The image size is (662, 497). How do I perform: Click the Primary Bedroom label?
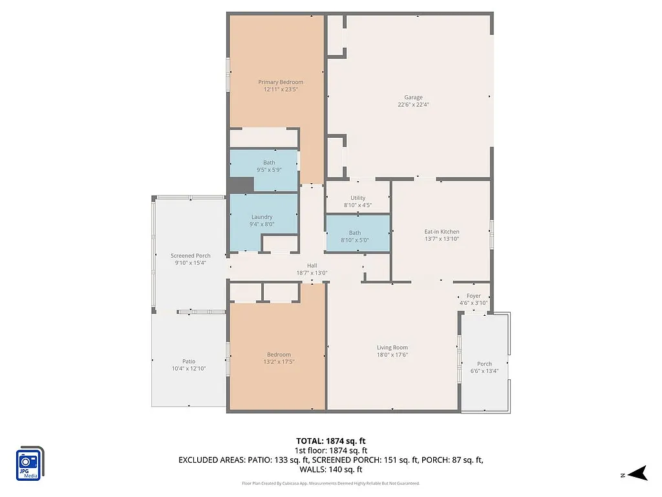point(281,82)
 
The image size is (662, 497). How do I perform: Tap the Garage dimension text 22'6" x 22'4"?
point(413,104)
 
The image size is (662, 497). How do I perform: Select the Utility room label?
point(358,198)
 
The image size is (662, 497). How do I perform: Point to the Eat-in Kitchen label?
point(442,232)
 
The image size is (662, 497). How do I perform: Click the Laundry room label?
point(262,217)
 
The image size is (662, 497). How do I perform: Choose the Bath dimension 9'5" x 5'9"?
point(269,170)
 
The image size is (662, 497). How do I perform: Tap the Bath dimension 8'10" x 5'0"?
point(355,240)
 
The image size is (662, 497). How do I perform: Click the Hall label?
point(312,265)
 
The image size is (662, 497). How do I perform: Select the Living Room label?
point(392,348)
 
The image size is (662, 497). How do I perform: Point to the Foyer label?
point(473,296)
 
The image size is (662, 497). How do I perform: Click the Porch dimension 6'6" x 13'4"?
point(484,371)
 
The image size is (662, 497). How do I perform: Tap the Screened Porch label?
point(191,256)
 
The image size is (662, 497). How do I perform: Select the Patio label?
point(188,361)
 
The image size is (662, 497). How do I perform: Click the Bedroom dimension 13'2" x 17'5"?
point(279,362)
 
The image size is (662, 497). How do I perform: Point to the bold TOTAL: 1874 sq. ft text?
point(330,440)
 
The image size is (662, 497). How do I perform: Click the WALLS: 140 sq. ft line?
point(330,470)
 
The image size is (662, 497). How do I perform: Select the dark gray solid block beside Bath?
point(241,184)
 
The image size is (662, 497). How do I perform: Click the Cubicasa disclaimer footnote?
point(330,483)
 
